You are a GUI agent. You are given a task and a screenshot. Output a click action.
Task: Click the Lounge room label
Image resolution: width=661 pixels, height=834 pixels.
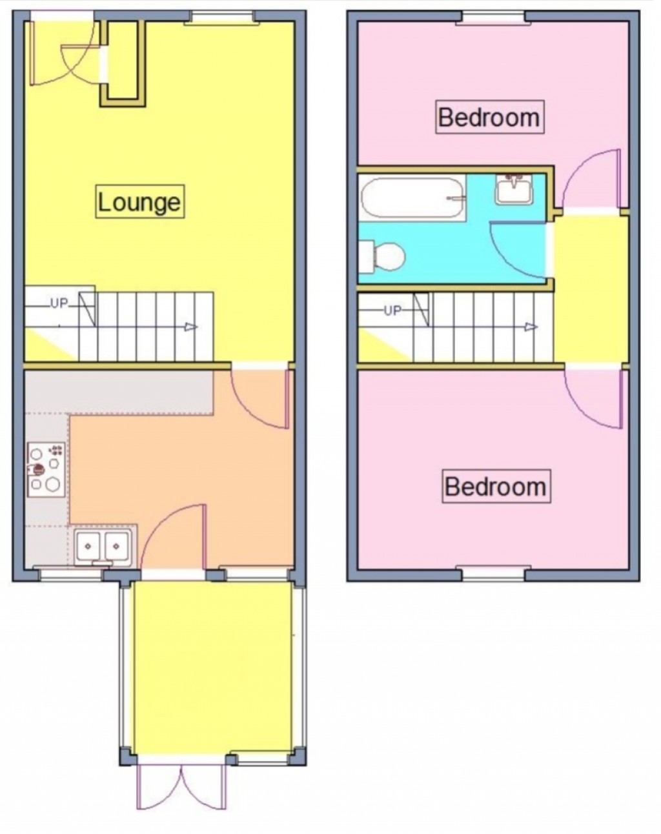(x=139, y=201)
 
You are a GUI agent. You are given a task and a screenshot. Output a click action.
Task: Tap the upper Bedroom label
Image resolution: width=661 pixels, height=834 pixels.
(x=489, y=117)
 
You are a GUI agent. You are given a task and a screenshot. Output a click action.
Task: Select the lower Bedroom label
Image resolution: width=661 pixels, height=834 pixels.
(x=495, y=485)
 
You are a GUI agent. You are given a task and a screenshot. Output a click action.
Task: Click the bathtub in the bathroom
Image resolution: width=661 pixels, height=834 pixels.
(x=412, y=198)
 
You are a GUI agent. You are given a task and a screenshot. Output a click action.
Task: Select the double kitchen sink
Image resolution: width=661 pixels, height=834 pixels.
(x=103, y=547)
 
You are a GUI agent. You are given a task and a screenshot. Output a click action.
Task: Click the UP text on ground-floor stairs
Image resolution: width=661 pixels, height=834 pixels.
(x=59, y=303)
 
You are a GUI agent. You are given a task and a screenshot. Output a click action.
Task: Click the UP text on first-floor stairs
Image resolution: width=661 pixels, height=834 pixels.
(x=392, y=310)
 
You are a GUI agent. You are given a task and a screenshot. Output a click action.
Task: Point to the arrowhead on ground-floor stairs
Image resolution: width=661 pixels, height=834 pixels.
(x=190, y=327)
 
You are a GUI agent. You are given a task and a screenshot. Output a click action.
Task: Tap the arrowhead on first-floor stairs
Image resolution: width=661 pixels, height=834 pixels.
(x=531, y=327)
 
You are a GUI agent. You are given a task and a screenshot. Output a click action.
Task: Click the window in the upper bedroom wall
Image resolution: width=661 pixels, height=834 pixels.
(x=490, y=17)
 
